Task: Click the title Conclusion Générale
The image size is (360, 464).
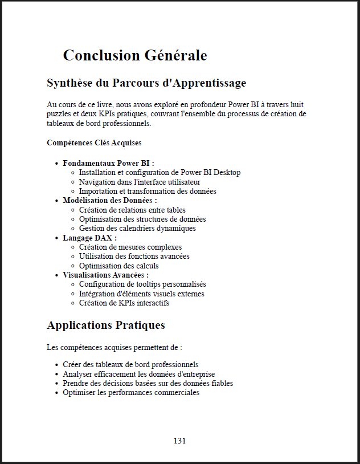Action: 134,55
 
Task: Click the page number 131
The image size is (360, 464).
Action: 179,441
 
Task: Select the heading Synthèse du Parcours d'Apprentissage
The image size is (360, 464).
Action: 146,83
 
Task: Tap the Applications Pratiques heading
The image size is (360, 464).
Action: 106,325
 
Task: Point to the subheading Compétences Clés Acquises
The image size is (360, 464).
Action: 94,143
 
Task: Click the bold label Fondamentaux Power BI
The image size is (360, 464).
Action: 108,163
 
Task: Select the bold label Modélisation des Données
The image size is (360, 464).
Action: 110,201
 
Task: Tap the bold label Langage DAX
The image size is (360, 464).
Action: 90,238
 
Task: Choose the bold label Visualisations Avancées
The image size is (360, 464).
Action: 106,275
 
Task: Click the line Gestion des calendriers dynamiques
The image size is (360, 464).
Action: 137,229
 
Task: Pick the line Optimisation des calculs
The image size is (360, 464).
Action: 119,266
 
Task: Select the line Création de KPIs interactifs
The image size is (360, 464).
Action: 124,303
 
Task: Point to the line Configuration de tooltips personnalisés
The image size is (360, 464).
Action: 142,284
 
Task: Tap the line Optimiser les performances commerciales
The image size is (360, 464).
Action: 131,393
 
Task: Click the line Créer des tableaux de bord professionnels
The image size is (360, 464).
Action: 130,364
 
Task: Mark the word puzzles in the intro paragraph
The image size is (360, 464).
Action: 59,114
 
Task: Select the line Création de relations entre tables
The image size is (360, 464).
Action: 132,210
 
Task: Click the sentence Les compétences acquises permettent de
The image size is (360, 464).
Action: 114,347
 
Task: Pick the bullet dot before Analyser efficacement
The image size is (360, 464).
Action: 56,374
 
